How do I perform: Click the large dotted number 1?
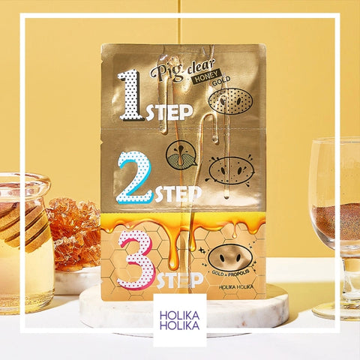point(131,95)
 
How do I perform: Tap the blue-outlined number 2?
point(134,177)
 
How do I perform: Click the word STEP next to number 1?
point(169,112)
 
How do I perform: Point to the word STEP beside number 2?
point(178,194)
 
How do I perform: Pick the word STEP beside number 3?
point(180,280)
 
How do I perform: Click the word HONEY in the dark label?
point(205,76)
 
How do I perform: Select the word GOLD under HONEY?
point(221,81)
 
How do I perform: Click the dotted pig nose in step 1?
point(230,101)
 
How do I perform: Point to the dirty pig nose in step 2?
point(231,170)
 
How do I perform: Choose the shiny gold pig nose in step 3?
point(230,257)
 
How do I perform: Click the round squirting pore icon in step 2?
point(181,154)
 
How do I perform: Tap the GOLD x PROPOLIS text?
point(230,273)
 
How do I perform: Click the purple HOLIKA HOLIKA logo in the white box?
point(180,320)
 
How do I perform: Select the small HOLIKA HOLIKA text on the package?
point(236,287)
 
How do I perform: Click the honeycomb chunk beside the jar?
point(74,234)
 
